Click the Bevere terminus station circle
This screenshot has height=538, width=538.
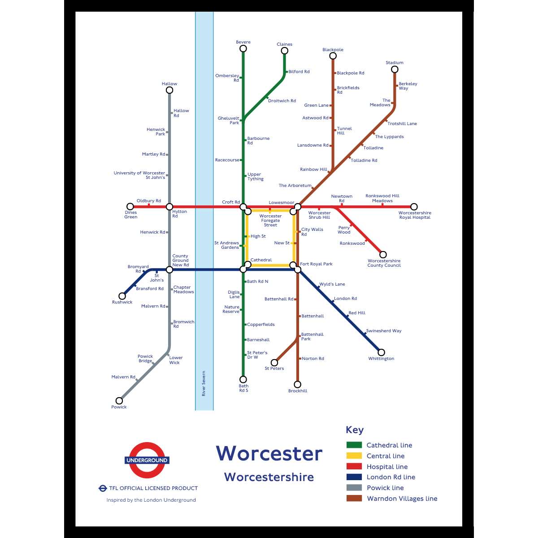[x=243, y=48]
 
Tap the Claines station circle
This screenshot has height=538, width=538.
[x=284, y=51]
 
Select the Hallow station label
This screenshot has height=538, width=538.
[x=169, y=84]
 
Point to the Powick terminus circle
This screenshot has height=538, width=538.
[x=119, y=401]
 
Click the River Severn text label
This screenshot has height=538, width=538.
[x=204, y=383]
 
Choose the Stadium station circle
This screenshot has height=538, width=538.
[x=395, y=69]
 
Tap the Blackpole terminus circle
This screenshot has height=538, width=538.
[x=333, y=56]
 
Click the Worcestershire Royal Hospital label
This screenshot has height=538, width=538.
[x=415, y=215]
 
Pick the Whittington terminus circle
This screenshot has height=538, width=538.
[x=381, y=352]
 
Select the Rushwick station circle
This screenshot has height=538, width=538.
[x=122, y=296]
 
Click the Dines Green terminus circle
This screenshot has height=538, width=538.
[x=130, y=207]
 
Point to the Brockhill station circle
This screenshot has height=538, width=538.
[x=297, y=384]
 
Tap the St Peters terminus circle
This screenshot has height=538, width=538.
[x=274, y=363]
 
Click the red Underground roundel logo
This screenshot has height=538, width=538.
[x=147, y=460]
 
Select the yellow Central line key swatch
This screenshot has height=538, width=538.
[x=354, y=456]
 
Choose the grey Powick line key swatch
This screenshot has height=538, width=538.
[x=354, y=488]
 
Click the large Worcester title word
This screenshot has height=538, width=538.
[x=269, y=453]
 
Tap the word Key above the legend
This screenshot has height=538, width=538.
[x=355, y=430]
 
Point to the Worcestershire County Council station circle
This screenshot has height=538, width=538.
[x=383, y=255]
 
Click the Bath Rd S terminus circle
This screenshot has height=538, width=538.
[x=243, y=379]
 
